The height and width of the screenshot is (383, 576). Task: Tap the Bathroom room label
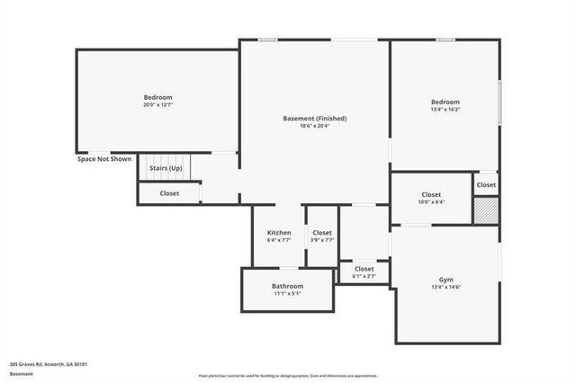point(287,286)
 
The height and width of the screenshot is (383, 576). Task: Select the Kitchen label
point(279,233)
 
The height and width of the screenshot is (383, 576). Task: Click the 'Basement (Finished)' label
point(315,119)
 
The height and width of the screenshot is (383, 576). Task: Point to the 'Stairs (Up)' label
point(166,168)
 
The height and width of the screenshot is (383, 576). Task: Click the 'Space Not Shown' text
point(104,159)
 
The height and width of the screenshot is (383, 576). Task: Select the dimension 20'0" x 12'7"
point(157,105)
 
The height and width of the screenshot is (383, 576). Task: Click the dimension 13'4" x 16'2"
point(445,110)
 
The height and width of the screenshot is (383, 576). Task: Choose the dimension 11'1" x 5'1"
point(287,293)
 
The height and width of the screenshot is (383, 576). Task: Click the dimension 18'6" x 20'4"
point(315,127)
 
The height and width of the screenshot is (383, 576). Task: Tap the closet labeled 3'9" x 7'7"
point(322,236)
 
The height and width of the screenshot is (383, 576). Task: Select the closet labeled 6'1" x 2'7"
point(364,272)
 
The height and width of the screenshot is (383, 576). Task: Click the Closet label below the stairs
point(169,193)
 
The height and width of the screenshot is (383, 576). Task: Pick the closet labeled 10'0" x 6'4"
point(431,199)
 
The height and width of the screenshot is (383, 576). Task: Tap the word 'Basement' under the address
point(22,373)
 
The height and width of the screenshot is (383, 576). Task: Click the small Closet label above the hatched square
point(486,184)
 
